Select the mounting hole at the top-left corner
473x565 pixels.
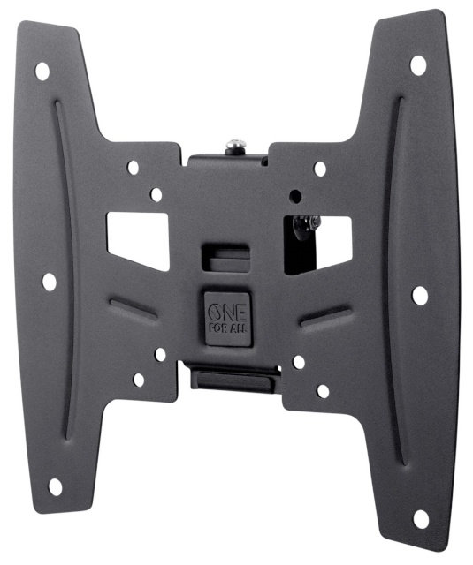coord(42,72)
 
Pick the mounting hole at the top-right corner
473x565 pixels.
coord(417,64)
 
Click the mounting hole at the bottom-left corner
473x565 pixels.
coord(55,486)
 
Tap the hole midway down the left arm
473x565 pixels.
coord(50,282)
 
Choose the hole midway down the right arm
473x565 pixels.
coord(420,294)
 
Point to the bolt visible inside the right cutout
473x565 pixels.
coord(306,226)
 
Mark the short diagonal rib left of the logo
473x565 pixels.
coord(134,308)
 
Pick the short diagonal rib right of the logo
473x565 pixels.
coord(324,316)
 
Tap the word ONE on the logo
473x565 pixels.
coord(221,309)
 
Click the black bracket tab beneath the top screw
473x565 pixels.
coord(226,161)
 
